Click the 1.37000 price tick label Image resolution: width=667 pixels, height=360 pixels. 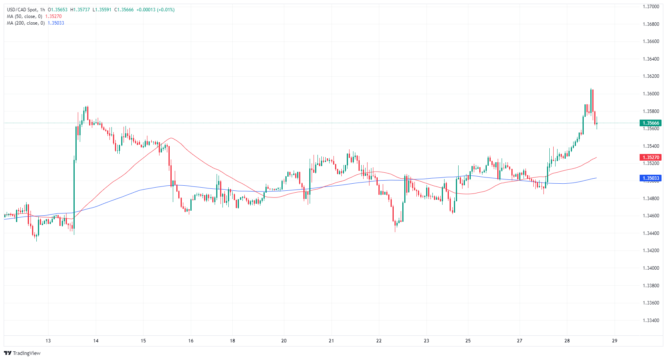click(651, 7)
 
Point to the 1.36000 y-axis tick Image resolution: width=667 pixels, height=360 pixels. click(651, 94)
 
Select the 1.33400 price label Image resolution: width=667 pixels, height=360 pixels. click(651, 321)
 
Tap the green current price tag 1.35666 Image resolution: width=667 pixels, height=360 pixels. click(651, 123)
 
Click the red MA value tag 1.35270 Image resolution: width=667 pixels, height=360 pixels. click(651, 158)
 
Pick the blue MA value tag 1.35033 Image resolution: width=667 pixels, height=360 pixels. click(651, 178)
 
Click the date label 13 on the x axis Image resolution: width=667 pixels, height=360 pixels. click(48, 341)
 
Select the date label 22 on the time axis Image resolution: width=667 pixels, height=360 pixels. click(379, 341)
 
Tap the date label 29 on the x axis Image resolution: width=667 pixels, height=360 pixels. click(615, 341)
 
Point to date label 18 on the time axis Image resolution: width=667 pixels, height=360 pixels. click(232, 341)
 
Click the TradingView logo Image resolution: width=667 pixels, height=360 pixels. click(22, 353)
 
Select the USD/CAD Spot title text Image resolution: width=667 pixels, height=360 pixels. click(22, 10)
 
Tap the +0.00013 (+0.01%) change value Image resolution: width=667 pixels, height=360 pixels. click(156, 10)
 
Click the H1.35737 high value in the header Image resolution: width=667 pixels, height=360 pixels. click(80, 10)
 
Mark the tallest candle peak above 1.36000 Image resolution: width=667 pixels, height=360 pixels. click(591, 89)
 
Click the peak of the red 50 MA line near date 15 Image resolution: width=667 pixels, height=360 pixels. click(171, 138)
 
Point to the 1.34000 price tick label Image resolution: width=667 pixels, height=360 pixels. click(651, 268)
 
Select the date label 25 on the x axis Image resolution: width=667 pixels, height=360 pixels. click(468, 341)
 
